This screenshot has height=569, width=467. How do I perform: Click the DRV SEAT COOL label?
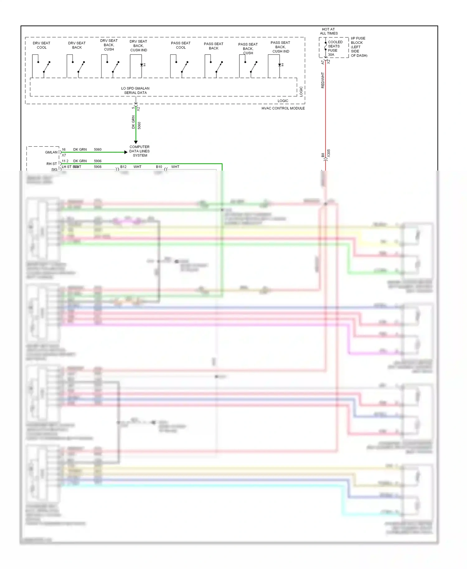point(41,45)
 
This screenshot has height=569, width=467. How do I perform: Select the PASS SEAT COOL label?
point(181,45)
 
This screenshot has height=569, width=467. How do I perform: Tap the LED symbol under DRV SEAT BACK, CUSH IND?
point(142,65)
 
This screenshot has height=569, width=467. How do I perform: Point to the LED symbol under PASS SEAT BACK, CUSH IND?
point(281,65)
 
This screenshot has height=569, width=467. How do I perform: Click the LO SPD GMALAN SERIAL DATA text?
point(135,90)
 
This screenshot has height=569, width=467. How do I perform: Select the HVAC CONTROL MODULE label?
point(283,108)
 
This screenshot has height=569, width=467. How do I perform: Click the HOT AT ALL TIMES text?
point(328,31)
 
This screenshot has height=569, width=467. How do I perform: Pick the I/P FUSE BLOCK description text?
point(359,47)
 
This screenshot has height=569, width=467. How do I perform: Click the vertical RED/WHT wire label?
point(323,80)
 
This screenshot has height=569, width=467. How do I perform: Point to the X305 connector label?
point(329,153)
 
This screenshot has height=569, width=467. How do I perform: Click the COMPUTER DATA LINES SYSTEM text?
point(139,151)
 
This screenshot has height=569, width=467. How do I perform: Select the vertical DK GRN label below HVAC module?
point(133,122)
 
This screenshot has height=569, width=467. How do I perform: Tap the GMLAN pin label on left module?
point(51,152)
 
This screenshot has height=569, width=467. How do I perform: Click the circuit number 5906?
point(98,161)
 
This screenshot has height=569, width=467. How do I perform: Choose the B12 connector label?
point(123,167)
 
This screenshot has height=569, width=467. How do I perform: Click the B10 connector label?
point(159,167)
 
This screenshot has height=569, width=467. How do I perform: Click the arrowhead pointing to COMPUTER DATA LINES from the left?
point(126,152)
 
